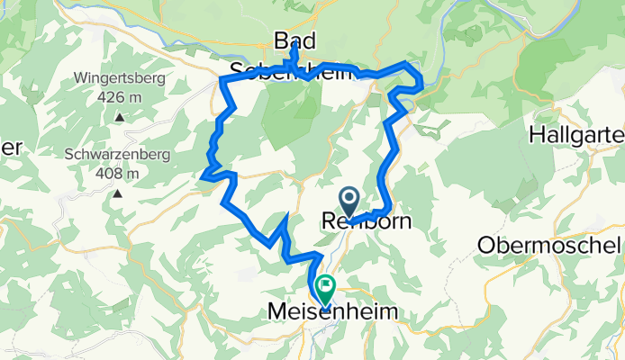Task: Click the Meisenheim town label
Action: click(x=331, y=311)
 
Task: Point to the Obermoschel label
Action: click(x=550, y=245)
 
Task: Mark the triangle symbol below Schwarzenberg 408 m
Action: click(x=118, y=193)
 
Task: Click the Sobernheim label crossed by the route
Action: click(x=288, y=71)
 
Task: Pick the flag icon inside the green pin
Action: click(x=324, y=287)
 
